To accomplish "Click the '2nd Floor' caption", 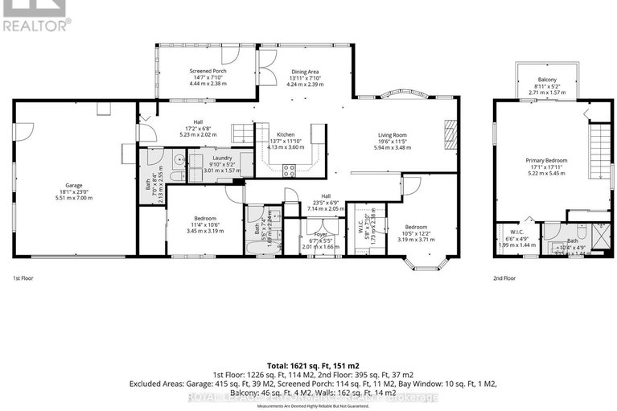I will tap(504, 278).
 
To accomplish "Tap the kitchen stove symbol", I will tap(289, 170).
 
